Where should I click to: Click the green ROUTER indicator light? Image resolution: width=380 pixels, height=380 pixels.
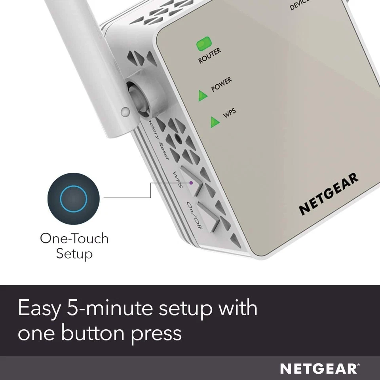click(x=204, y=44)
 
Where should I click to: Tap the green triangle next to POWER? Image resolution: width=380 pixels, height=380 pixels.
click(x=203, y=95)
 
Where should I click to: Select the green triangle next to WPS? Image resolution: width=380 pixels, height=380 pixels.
click(x=215, y=122)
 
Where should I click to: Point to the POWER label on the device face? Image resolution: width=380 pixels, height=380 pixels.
click(x=222, y=85)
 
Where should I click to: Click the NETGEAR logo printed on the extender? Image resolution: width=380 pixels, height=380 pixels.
click(x=329, y=194)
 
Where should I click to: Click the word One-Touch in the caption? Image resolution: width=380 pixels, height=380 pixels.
click(x=74, y=238)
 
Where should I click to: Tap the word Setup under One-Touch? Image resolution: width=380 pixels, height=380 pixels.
click(x=74, y=253)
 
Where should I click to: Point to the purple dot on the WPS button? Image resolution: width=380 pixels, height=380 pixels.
click(x=191, y=183)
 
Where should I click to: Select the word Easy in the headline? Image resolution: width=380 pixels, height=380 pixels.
click(x=38, y=309)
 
